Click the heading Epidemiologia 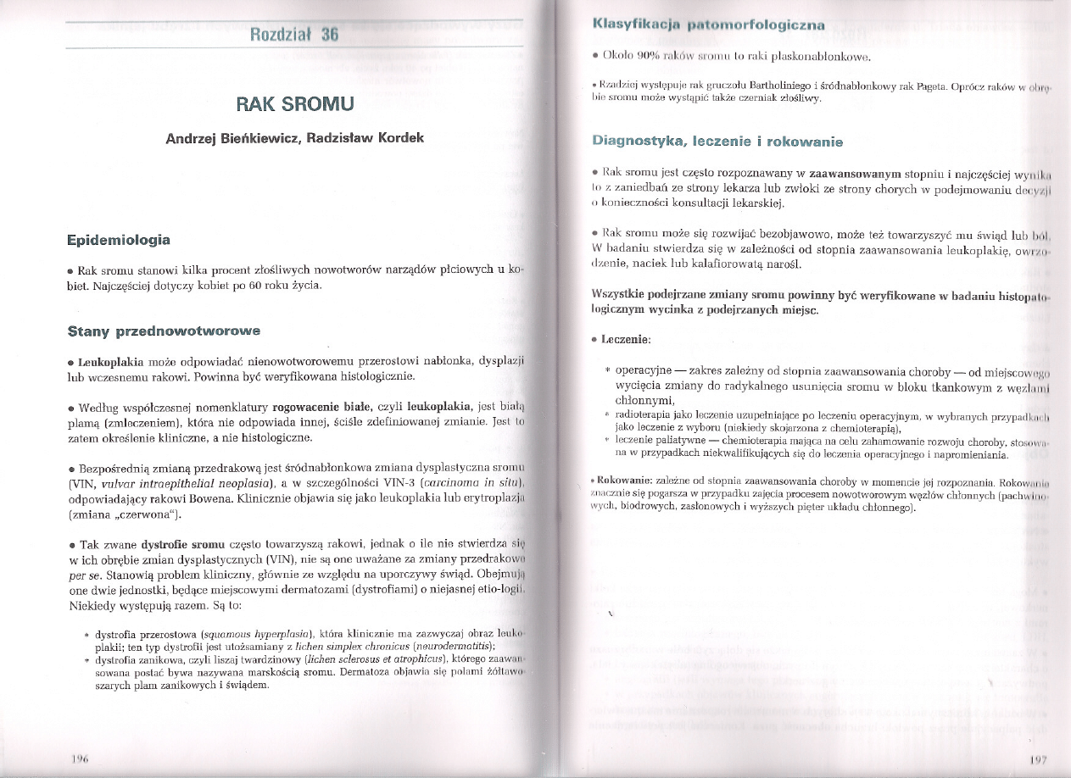point(119,241)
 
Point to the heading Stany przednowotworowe point(163,329)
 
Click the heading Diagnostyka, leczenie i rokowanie point(717,141)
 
